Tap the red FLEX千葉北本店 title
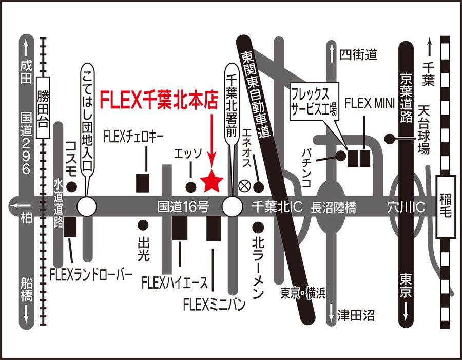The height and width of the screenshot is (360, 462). pyautogui.click(x=159, y=100)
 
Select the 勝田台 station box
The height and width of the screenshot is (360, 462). pyautogui.click(x=43, y=108)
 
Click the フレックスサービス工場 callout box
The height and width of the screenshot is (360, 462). pyautogui.click(x=314, y=102)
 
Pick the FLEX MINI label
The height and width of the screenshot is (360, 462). pyautogui.click(x=370, y=104)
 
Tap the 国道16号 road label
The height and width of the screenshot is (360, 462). pyautogui.click(x=183, y=207)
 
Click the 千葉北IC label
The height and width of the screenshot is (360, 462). pyautogui.click(x=277, y=207)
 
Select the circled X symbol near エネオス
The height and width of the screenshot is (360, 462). pyautogui.click(x=244, y=186)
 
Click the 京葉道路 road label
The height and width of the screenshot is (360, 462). pyautogui.click(x=406, y=98)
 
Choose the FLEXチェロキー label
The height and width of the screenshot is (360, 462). pyautogui.click(x=133, y=137)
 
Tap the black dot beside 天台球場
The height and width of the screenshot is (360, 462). pyautogui.click(x=390, y=138)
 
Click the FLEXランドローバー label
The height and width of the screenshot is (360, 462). pyautogui.click(x=91, y=275)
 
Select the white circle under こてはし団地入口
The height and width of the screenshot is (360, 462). pyautogui.click(x=87, y=206)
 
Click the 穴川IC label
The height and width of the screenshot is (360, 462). pyautogui.click(x=406, y=207)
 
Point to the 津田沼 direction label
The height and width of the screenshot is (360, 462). pyautogui.click(x=356, y=315)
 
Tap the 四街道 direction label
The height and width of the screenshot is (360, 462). pyautogui.click(x=358, y=54)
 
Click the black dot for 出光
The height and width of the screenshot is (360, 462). pyautogui.click(x=143, y=225)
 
